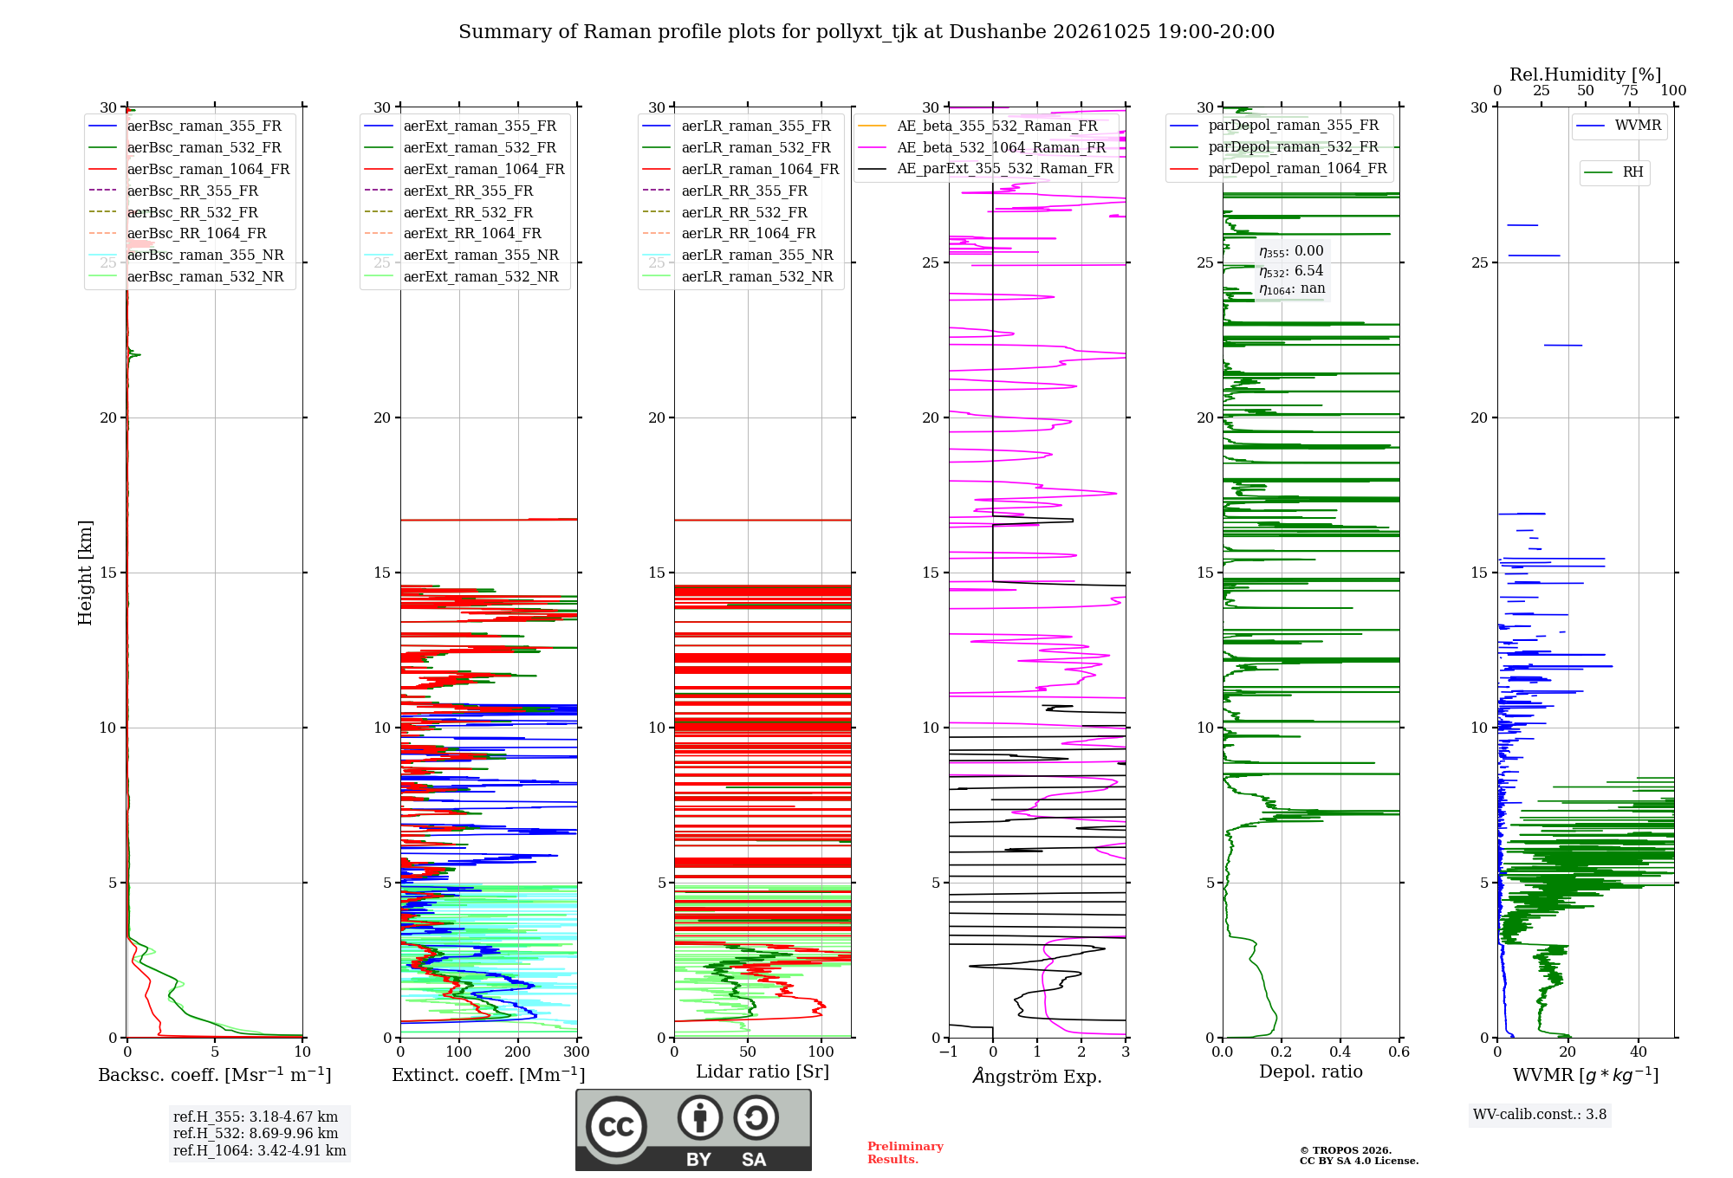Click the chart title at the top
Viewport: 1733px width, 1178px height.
pyautogui.click(x=866, y=32)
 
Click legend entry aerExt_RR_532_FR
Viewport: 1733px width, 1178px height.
pyautogui.click(x=468, y=212)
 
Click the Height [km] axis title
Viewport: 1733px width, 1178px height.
pyautogui.click(x=85, y=573)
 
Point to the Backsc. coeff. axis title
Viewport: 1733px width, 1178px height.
pyautogui.click(x=215, y=1074)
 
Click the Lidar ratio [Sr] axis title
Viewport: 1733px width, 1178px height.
pyautogui.click(x=763, y=1071)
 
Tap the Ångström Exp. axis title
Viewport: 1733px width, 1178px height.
pyautogui.click(x=1037, y=1075)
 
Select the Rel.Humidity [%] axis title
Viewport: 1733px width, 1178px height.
pyautogui.click(x=1586, y=74)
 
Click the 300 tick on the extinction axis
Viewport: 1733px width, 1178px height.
pyautogui.click(x=576, y=1052)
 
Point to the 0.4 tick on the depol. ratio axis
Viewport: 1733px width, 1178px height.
pyautogui.click(x=1340, y=1052)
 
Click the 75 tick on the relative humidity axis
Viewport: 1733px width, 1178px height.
pyautogui.click(x=1630, y=90)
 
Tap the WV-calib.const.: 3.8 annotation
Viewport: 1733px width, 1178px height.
pyautogui.click(x=1540, y=1114)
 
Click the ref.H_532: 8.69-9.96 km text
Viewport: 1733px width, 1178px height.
pyautogui.click(x=256, y=1133)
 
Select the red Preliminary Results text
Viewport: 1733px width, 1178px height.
pyautogui.click(x=905, y=1153)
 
